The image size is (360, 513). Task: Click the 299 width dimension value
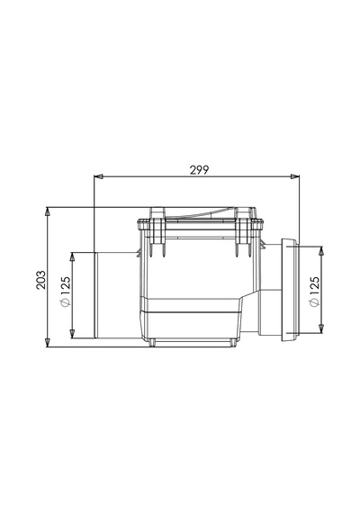(199, 170)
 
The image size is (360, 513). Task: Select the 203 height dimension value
(40, 280)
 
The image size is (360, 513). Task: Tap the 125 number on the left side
(65, 286)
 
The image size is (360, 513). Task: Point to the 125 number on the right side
(314, 286)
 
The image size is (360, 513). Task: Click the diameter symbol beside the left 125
(65, 303)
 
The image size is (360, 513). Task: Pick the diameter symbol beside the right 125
(314, 303)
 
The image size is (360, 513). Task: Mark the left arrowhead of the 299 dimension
(98, 176)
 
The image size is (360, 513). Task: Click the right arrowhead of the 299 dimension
(295, 176)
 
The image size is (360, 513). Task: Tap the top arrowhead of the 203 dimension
(48, 211)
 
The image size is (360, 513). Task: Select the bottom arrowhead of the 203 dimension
(48, 342)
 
